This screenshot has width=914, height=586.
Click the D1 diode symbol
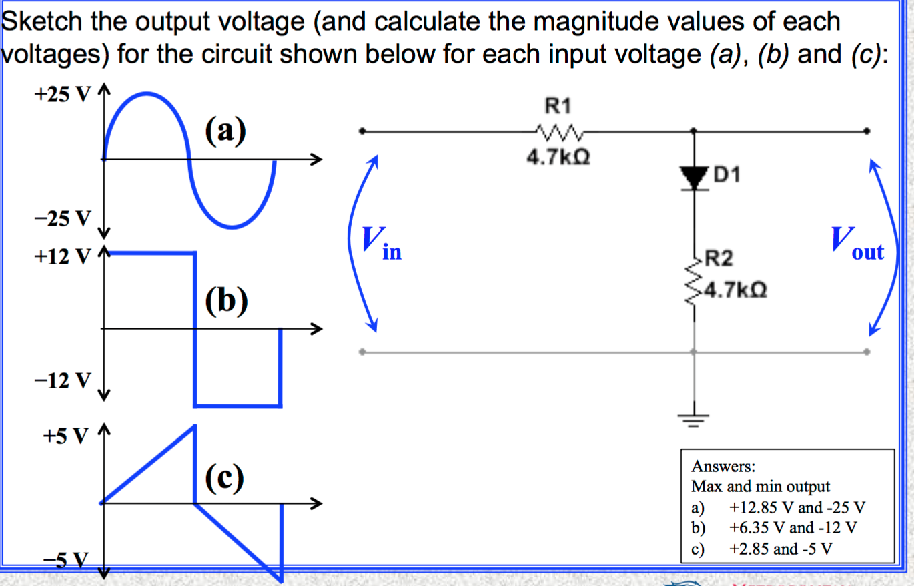(695, 177)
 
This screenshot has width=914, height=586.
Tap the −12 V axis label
(62, 380)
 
